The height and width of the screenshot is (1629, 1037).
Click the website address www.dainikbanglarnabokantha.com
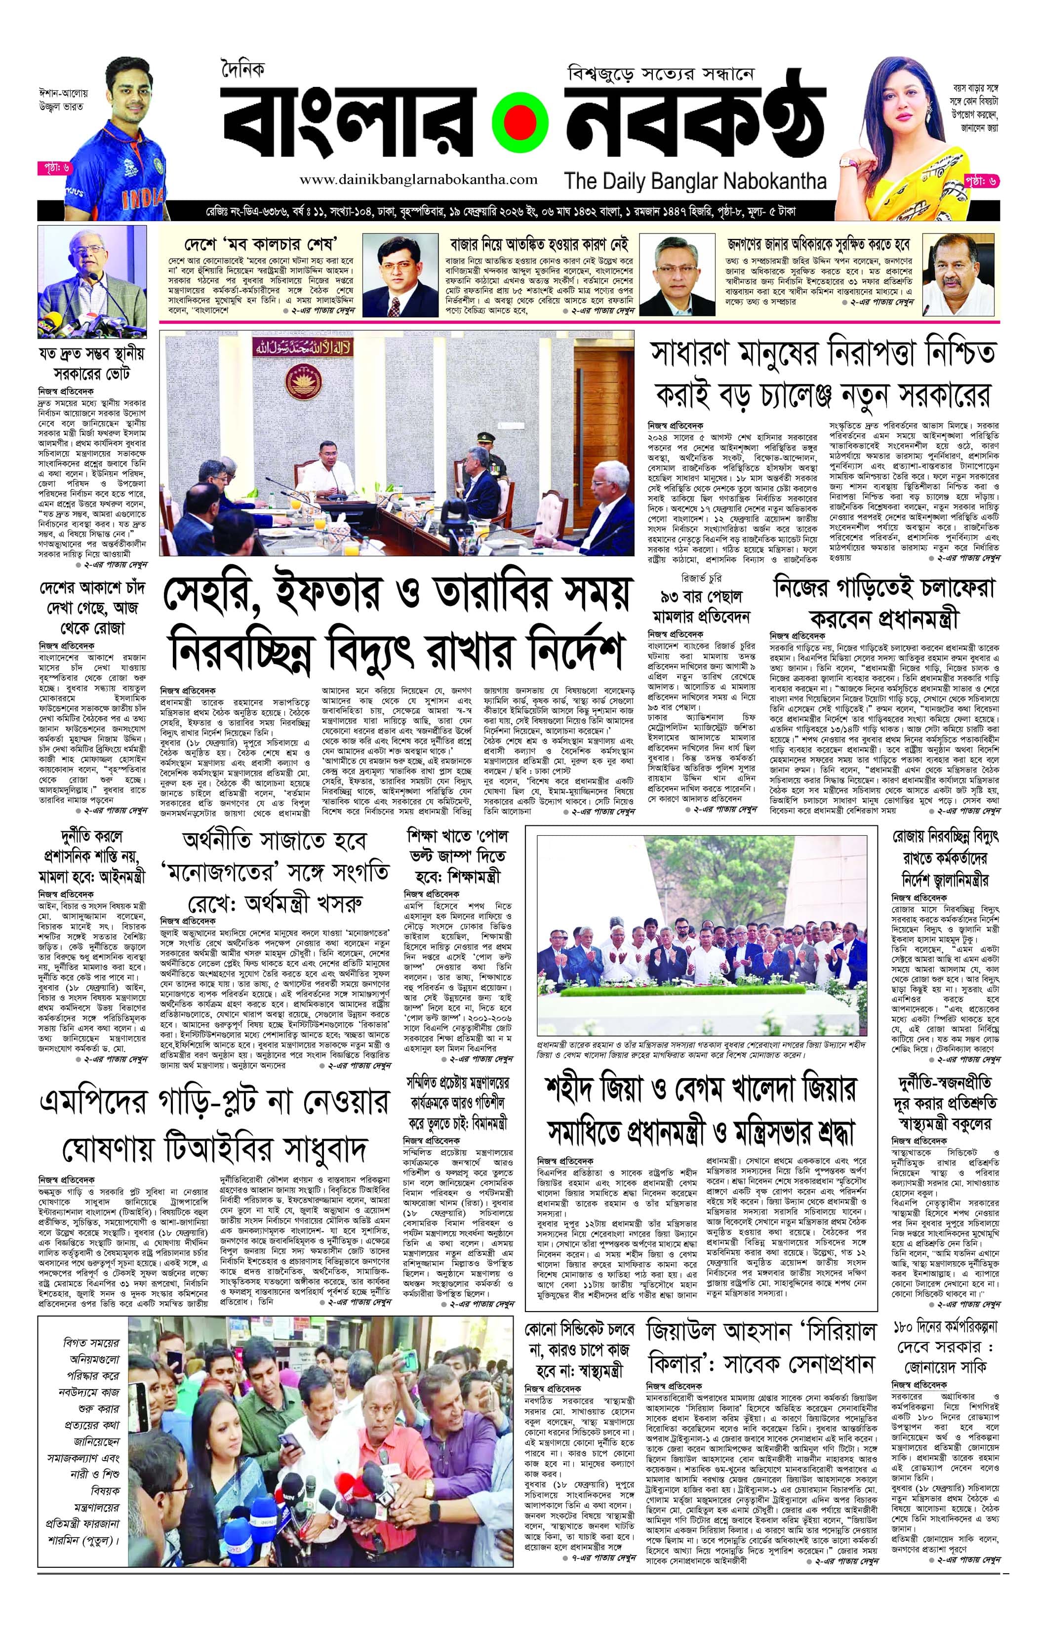click(x=419, y=180)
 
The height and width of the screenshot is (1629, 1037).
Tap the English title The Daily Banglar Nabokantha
click(x=695, y=181)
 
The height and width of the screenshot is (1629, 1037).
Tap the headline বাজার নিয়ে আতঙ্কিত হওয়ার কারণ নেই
click(x=539, y=243)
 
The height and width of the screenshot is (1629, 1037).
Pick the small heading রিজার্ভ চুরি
click(x=701, y=579)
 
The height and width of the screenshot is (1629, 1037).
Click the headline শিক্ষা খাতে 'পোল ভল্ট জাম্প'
click(x=457, y=856)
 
